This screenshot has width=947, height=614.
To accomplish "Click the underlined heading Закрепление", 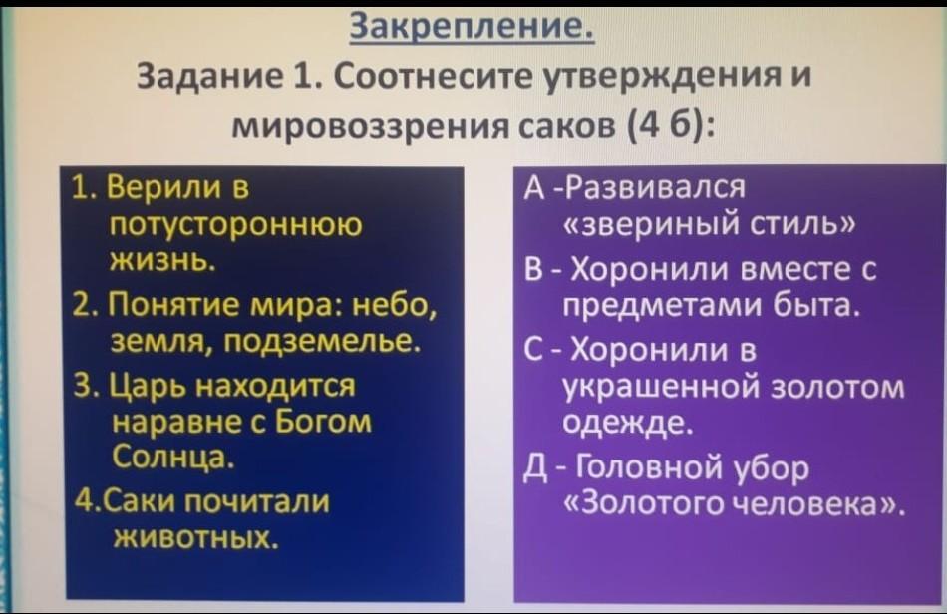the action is pyautogui.click(x=473, y=26).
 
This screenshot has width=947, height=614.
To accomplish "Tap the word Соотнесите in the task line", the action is pyautogui.click(x=432, y=78).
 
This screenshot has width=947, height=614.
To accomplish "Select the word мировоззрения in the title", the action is pyautogui.click(x=370, y=127).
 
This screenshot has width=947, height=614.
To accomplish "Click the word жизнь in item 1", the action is pyautogui.click(x=161, y=261).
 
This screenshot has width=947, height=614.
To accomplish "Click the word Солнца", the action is pyautogui.click(x=172, y=457).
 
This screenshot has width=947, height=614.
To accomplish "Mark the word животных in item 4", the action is pyautogui.click(x=195, y=536).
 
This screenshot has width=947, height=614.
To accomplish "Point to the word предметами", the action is pyautogui.click(x=663, y=305).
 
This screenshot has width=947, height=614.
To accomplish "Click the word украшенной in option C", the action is pyautogui.click(x=662, y=388).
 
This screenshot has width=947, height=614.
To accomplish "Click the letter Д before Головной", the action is pyautogui.click(x=535, y=469).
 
